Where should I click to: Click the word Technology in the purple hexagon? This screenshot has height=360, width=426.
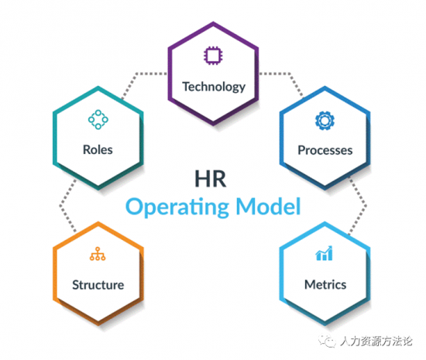click(x=214, y=87)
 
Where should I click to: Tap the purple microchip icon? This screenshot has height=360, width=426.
click(x=213, y=56)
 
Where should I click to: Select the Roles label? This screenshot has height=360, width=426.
click(x=98, y=149)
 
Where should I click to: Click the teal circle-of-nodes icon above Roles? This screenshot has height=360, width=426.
click(x=98, y=119)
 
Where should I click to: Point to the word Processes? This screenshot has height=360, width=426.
click(x=325, y=150)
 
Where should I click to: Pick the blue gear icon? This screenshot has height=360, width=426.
click(x=325, y=121)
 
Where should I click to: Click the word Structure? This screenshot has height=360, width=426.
click(x=98, y=285)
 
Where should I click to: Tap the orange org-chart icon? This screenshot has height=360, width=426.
click(x=98, y=254)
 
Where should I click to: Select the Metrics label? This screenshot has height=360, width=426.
click(x=325, y=285)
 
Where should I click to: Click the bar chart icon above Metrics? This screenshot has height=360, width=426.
click(x=324, y=253)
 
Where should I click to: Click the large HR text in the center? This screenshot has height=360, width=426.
click(x=211, y=179)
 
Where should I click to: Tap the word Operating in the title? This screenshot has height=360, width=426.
click(x=177, y=207)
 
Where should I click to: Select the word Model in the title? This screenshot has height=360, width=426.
click(x=268, y=206)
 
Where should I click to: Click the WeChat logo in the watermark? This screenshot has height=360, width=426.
click(x=327, y=341)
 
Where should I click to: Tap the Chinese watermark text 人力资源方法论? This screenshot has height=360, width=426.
click(x=376, y=341)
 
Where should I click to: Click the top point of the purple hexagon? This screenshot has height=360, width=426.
click(x=213, y=22)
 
